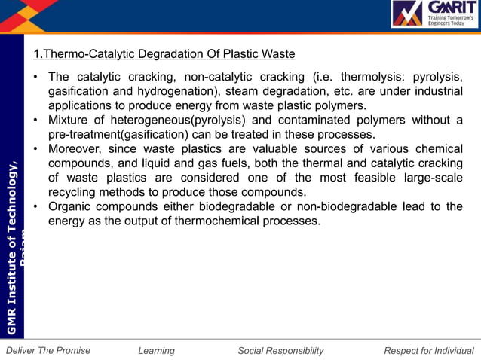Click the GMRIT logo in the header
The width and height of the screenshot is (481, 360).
click(434, 14)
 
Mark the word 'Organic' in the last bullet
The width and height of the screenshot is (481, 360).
click(70, 206)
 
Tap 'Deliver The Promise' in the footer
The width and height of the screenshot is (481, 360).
click(47, 350)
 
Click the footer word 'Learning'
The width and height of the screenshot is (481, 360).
click(157, 350)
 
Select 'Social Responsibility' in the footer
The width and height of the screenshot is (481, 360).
click(280, 350)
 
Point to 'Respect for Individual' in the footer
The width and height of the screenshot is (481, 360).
click(429, 350)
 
